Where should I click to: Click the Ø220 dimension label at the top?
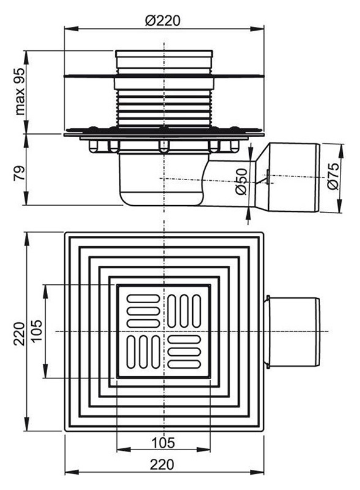(x=162, y=21)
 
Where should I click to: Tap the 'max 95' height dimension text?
(x=20, y=91)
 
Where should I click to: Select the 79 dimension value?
(x=20, y=173)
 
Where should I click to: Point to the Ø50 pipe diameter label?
(x=242, y=181)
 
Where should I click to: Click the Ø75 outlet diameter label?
(x=333, y=176)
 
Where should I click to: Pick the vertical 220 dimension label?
(x=20, y=333)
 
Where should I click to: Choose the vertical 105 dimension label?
(x=36, y=331)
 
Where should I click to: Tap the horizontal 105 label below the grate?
(x=163, y=442)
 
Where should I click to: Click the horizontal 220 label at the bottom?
(x=162, y=464)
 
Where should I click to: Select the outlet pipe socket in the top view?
(x=292, y=332)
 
